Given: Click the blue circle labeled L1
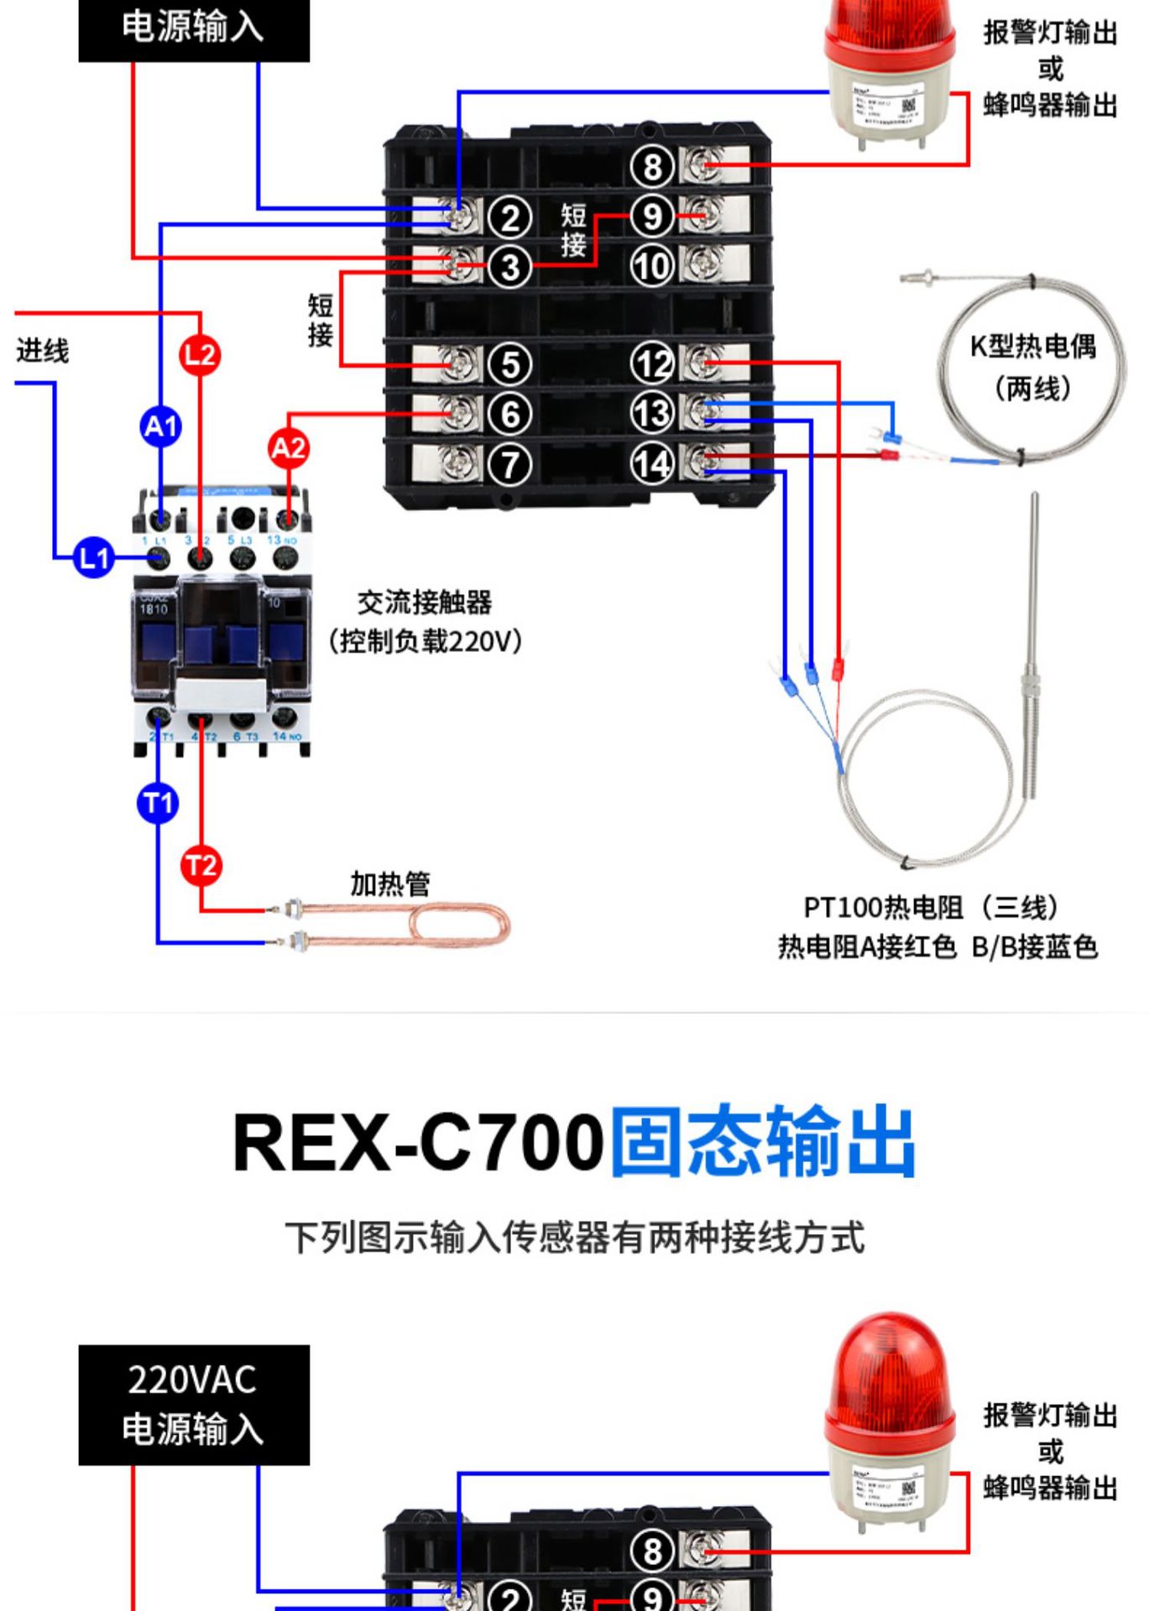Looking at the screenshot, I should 93,558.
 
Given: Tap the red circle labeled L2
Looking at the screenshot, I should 200,354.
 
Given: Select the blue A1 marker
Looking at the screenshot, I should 160,426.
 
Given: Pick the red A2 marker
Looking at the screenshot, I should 289,447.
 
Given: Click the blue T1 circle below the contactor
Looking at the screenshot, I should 158,803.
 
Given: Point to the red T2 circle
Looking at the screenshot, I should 201,865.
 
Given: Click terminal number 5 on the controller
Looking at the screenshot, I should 510,365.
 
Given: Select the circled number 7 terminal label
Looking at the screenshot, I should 510,464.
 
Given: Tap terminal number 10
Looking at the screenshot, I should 652,266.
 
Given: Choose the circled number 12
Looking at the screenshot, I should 652,364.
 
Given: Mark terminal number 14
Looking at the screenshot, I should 652,463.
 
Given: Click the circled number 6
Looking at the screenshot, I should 510,414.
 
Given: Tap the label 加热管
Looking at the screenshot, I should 389,884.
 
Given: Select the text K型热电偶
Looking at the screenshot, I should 1032,346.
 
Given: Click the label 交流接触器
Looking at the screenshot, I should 424,602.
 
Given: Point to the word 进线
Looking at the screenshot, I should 42,350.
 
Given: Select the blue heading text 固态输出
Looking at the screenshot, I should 762,1141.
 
